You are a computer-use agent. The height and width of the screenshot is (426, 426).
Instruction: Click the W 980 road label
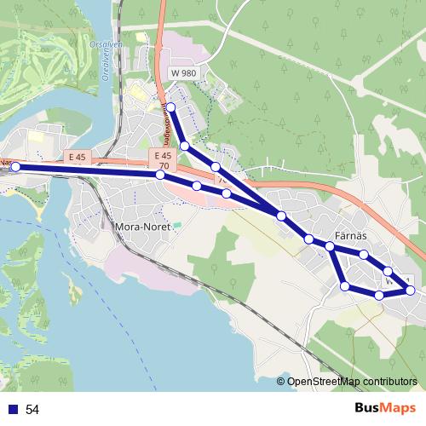pos(183,73)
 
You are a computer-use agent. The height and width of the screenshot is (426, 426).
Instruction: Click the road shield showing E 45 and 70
pos(164,159)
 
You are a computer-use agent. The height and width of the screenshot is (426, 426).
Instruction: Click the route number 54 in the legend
pos(32,410)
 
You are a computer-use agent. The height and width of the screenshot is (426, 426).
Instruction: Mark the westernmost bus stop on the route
pos(14,167)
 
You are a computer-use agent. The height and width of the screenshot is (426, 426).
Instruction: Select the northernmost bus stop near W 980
pos(170,106)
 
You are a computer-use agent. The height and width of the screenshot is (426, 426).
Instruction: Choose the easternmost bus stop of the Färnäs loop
pos(410,291)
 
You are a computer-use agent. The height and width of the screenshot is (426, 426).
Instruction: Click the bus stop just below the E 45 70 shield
pos(160,175)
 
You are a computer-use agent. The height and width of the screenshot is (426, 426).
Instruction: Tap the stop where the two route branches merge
pos(281,216)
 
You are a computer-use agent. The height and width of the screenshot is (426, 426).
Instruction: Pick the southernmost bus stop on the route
pos(379,296)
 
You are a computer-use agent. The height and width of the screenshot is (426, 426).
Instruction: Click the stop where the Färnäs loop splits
pos(330,246)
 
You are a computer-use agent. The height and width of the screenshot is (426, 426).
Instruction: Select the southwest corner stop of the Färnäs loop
pos(345,285)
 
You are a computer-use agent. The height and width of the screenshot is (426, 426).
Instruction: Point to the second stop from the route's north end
pos(184,146)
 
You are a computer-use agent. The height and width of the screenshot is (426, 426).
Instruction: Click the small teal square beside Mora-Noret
pos(178,224)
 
